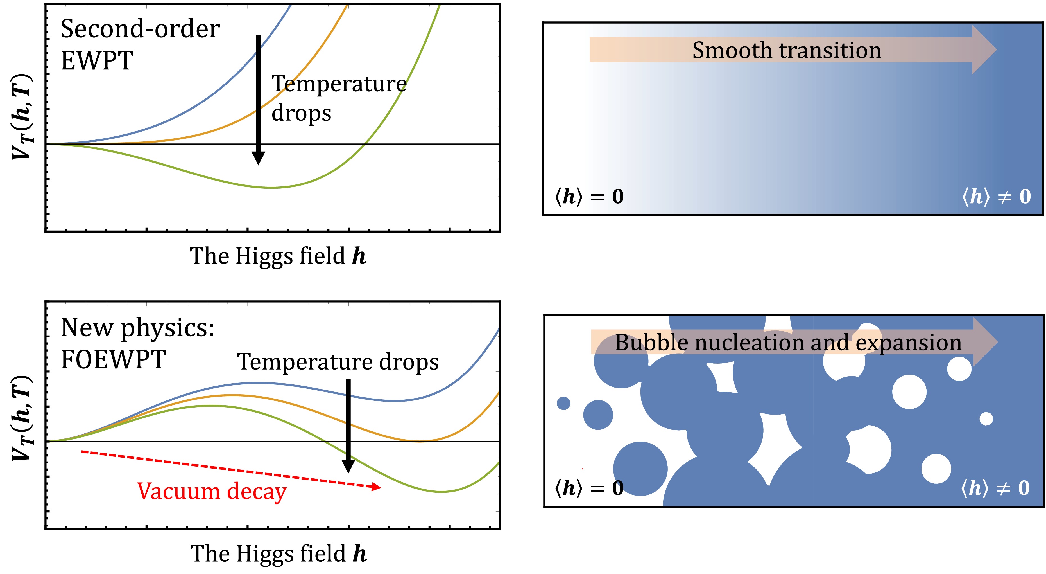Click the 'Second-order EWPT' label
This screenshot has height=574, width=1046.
point(140,45)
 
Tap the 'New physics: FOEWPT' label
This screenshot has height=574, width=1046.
point(137,343)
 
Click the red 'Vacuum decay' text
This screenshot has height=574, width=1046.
point(212,491)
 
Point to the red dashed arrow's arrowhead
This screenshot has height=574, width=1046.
point(376,487)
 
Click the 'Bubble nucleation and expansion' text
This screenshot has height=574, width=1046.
point(788,343)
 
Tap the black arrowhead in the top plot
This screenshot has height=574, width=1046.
point(258,157)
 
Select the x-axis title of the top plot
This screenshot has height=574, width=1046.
point(278,256)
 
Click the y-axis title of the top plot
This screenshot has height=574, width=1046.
point(22,117)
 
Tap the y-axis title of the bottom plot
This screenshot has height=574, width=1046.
point(22,418)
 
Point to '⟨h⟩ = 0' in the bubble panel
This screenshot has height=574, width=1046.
point(589,488)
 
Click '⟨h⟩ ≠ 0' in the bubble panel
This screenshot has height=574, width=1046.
point(995,488)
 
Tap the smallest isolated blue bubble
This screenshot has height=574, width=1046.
point(563,403)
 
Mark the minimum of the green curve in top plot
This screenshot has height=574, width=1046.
point(271,188)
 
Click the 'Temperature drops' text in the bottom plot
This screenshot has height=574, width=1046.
point(338,362)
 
